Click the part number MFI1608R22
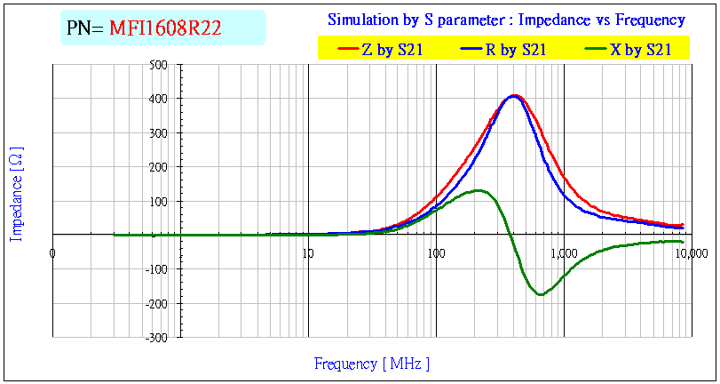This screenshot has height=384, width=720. click(x=165, y=28)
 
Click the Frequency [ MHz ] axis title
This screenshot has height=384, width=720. click(x=372, y=364)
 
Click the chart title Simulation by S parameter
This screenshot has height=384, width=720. click(x=506, y=20)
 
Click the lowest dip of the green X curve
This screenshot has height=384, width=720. click(x=540, y=294)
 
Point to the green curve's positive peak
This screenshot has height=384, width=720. click(x=479, y=190)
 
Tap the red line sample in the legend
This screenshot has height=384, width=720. click(x=346, y=51)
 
